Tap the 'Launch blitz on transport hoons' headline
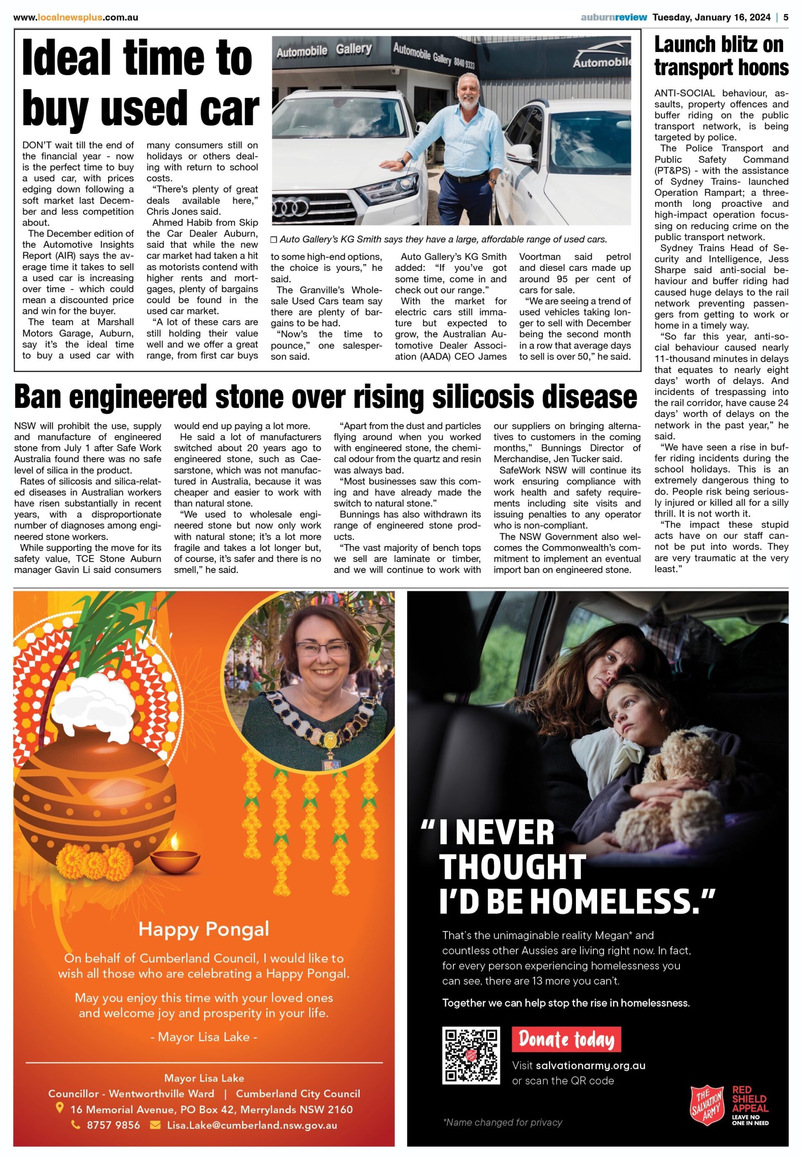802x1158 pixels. [721, 56]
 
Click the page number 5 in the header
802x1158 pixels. [786, 18]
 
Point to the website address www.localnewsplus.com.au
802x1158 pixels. [76, 18]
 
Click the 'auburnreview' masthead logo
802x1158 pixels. [613, 18]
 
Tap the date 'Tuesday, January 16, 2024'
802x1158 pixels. [711, 18]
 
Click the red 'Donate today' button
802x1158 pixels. [566, 1039]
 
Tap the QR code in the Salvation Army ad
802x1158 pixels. [470, 1055]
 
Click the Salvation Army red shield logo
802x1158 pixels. [707, 1107]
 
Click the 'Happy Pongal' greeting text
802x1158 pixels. [204, 929]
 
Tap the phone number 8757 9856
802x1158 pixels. [113, 1125]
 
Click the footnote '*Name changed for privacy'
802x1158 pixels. [503, 1122]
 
